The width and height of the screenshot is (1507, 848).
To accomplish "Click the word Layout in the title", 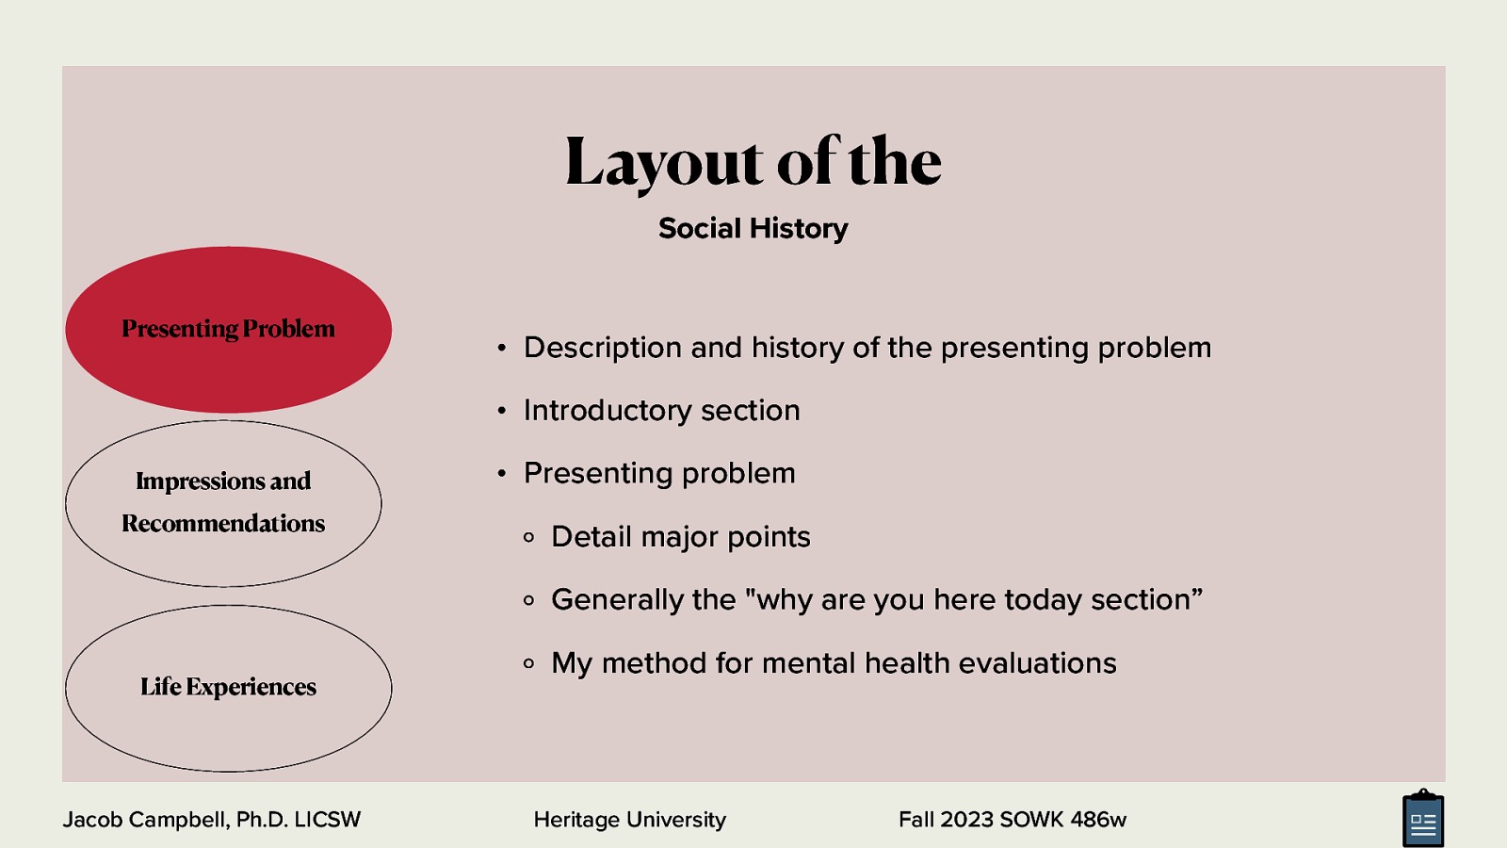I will pyautogui.click(x=663, y=162).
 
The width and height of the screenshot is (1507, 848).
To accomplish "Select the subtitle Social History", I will pyautogui.click(x=753, y=228).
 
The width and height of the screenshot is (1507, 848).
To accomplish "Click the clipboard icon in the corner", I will pyautogui.click(x=1422, y=820).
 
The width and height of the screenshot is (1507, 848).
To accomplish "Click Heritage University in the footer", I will pyautogui.click(x=629, y=820).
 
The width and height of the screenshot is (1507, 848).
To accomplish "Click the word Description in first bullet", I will pyautogui.click(x=602, y=348).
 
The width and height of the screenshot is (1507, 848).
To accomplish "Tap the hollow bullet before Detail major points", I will pyautogui.click(x=528, y=537).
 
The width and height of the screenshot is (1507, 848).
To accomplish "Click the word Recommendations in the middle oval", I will pyautogui.click(x=223, y=523).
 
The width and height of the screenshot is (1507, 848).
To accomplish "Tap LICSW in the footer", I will pyautogui.click(x=327, y=820).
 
